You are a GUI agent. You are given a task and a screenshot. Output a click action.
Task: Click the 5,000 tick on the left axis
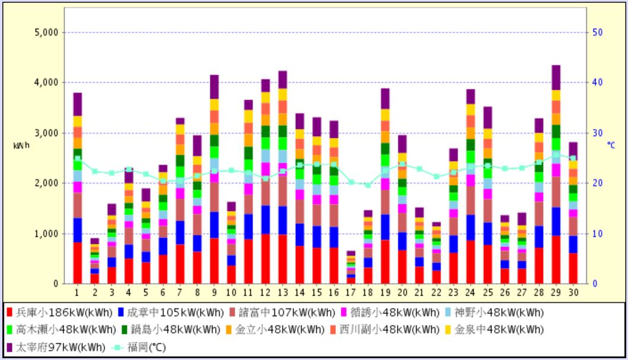click(46, 32)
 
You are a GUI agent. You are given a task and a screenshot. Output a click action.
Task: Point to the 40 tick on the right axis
click(598, 83)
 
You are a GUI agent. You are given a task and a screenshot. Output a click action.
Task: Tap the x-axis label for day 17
click(351, 292)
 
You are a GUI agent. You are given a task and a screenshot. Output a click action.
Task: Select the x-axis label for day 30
click(573, 292)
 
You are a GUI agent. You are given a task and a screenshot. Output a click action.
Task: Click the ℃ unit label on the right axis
click(611, 144)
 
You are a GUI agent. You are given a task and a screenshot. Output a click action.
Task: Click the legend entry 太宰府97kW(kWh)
click(55, 347)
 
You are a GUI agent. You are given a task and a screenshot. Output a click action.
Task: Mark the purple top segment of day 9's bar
click(214, 87)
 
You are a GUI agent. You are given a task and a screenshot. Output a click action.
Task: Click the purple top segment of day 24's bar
click(471, 97)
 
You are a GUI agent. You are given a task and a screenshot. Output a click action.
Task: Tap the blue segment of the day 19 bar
click(385, 227)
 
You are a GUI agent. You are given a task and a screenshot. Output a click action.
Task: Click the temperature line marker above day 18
click(368, 185)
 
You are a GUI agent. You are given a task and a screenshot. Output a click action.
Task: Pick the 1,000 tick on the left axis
click(46, 233)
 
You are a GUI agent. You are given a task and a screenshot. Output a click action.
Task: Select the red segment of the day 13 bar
click(282, 259)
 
